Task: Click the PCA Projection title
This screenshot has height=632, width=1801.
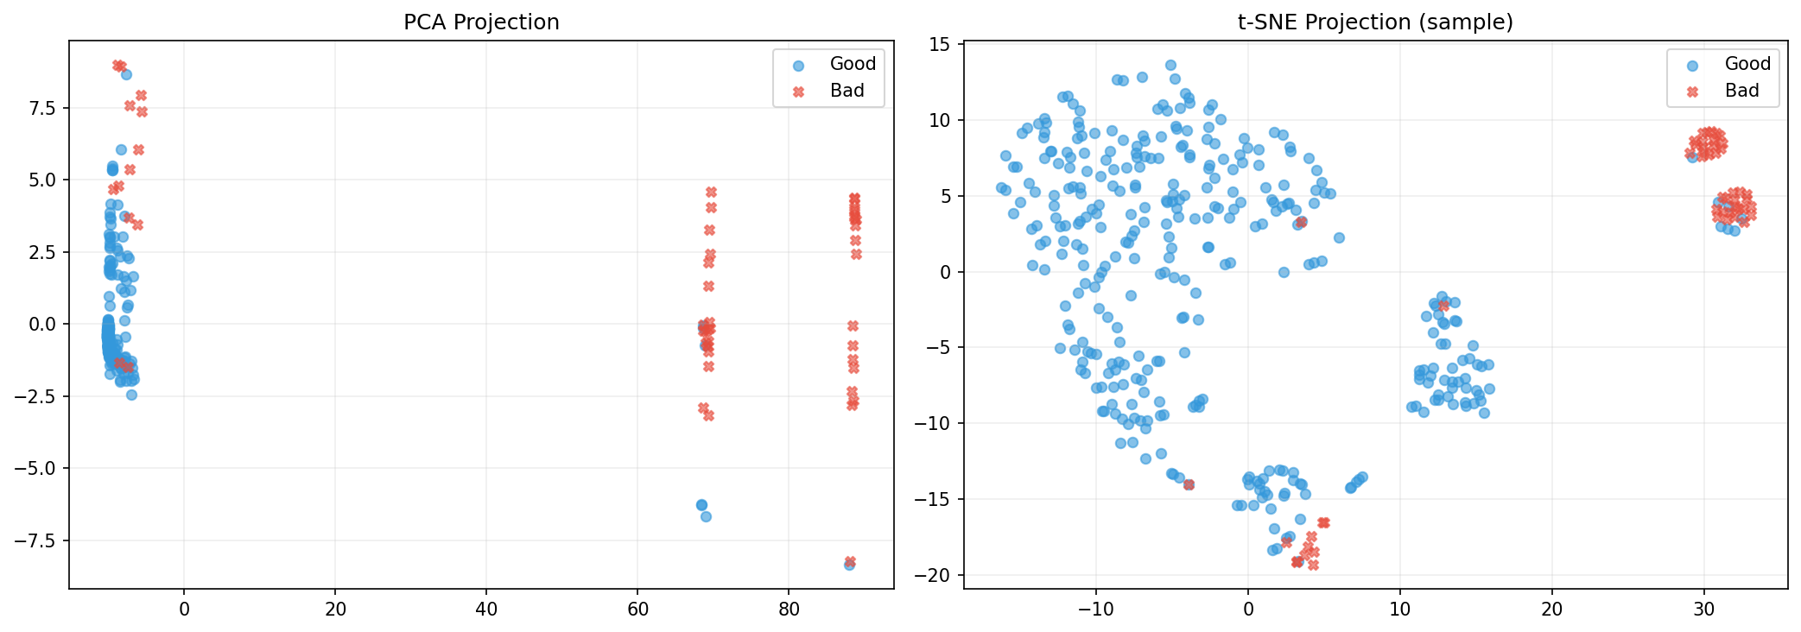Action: (481, 22)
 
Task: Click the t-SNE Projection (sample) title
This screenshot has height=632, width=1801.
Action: (1375, 22)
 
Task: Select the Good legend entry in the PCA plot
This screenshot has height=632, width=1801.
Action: (852, 64)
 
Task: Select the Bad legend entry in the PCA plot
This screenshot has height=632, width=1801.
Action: (847, 91)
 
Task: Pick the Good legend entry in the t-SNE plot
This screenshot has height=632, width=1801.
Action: (1747, 64)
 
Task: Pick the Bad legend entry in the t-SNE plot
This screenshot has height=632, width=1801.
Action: (1741, 91)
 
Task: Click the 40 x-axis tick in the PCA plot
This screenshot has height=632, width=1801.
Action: (486, 610)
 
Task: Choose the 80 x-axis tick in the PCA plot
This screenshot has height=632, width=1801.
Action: (789, 610)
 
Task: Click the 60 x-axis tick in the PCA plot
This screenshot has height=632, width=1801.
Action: (637, 610)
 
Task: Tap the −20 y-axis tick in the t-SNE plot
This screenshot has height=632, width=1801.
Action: (935, 576)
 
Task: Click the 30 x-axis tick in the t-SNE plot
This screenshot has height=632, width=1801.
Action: (1703, 610)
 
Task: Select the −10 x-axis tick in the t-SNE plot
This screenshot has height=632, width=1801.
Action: (1095, 610)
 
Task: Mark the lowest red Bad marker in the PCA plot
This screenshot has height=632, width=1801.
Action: (850, 561)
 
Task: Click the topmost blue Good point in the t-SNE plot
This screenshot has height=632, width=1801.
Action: (1170, 65)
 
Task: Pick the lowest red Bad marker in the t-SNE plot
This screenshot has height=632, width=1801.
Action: (1313, 566)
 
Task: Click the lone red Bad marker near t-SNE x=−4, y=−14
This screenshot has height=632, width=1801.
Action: (1189, 484)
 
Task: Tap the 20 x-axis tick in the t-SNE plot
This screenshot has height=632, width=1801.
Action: (1551, 610)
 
